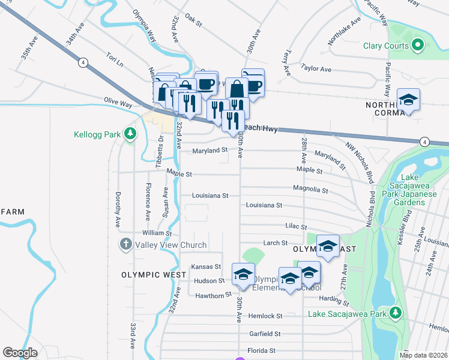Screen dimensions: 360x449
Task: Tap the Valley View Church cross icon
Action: coord(125,244)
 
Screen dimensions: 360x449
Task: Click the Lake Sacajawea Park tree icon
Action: coord(395,313)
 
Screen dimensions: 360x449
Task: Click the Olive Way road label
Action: coord(118,103)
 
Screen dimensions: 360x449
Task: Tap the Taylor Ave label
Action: coord(316,69)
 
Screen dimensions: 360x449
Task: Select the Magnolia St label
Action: coord(310,190)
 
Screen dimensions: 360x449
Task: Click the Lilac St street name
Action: coord(294,227)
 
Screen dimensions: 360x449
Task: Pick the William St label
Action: coord(157,233)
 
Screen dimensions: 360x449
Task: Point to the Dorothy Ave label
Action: coord(118,209)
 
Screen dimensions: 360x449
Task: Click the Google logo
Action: coord(20,353)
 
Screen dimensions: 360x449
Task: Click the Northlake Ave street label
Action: coord(344,31)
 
